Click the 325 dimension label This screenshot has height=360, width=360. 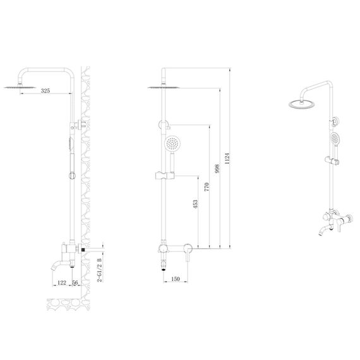click(45, 91)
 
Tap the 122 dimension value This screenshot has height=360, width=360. click(61, 282)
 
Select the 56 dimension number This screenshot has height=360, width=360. click(75, 282)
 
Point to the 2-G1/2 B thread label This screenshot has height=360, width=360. click(100, 270)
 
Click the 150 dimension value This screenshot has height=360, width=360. click(176, 279)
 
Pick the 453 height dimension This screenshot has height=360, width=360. click(195, 205)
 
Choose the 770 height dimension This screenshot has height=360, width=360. click(207, 187)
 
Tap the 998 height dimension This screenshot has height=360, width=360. click(217, 169)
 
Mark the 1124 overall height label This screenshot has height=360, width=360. click(227, 159)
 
